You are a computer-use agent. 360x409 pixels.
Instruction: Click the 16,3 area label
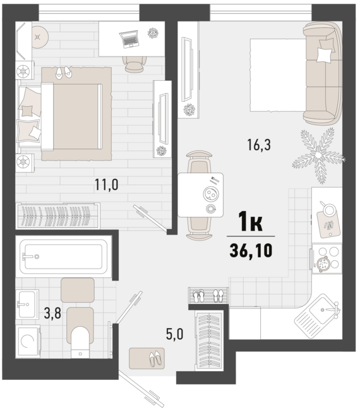(259, 145)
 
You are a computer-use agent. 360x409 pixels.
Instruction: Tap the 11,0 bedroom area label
(106, 185)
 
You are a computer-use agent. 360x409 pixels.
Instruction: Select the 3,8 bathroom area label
(52, 314)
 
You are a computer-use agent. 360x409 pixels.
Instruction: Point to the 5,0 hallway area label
(175, 334)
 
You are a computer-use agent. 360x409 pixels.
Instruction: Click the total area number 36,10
(251, 251)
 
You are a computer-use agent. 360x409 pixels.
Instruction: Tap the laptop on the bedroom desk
(129, 39)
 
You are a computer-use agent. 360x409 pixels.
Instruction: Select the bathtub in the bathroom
(64, 257)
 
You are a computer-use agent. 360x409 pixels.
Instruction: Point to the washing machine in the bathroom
(28, 341)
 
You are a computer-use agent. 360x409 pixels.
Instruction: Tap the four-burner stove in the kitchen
(327, 259)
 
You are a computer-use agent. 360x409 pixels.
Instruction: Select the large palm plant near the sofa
(318, 156)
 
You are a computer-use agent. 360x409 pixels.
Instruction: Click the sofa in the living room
(323, 73)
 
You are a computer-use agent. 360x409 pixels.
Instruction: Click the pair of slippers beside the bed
(64, 72)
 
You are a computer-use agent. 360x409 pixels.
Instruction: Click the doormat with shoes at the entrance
(147, 358)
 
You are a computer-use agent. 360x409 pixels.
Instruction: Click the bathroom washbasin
(27, 304)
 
